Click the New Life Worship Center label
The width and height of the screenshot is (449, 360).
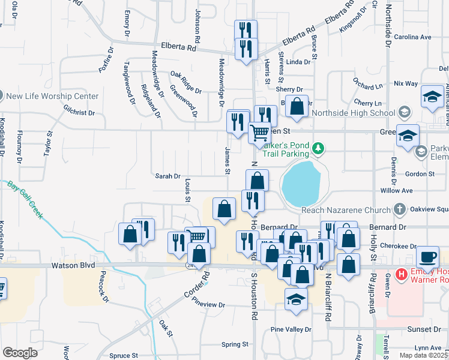[x=52, y=96]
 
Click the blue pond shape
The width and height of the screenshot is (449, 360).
[x=301, y=183]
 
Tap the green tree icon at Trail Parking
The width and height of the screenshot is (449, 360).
[x=320, y=148]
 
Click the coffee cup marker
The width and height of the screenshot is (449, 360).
[x=427, y=256]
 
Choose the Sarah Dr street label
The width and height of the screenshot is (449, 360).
[x=168, y=176]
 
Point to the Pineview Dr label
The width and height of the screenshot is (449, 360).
[x=208, y=305]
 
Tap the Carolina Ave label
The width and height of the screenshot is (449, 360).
[x=413, y=37]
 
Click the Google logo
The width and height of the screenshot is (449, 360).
[x=20, y=352]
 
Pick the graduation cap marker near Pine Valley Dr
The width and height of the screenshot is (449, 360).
[x=295, y=299]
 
